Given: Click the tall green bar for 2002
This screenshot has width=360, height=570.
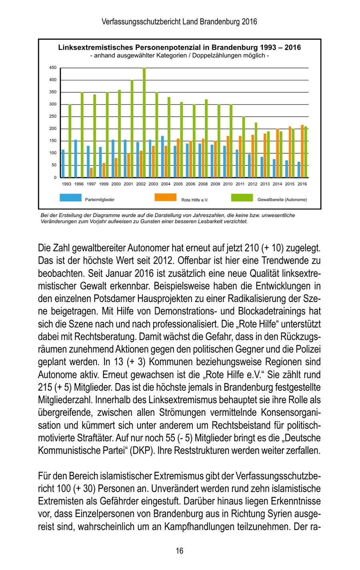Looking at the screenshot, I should click(x=144, y=122).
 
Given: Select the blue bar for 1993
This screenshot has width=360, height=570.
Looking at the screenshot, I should click(x=63, y=163).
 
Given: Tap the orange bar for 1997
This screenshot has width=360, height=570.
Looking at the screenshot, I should click(x=91, y=172).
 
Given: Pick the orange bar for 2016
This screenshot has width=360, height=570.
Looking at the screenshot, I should click(x=302, y=151).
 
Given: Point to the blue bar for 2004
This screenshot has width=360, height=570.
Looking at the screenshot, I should click(x=162, y=156).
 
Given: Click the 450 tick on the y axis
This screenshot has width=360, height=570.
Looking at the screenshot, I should click(x=53, y=68).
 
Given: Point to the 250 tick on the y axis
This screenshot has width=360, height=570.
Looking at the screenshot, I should click(x=53, y=116).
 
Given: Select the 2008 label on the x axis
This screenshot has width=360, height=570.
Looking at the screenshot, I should click(x=203, y=184).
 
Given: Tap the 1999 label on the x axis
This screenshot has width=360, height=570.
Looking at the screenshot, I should click(x=104, y=184).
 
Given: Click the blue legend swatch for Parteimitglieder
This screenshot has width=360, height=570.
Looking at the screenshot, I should click(x=70, y=197).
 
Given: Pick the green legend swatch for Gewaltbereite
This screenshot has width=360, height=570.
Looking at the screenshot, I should click(x=242, y=197).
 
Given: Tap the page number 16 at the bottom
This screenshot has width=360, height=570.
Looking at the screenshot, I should click(x=180, y=551).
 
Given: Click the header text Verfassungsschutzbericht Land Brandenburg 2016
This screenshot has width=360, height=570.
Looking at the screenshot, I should click(x=180, y=22).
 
